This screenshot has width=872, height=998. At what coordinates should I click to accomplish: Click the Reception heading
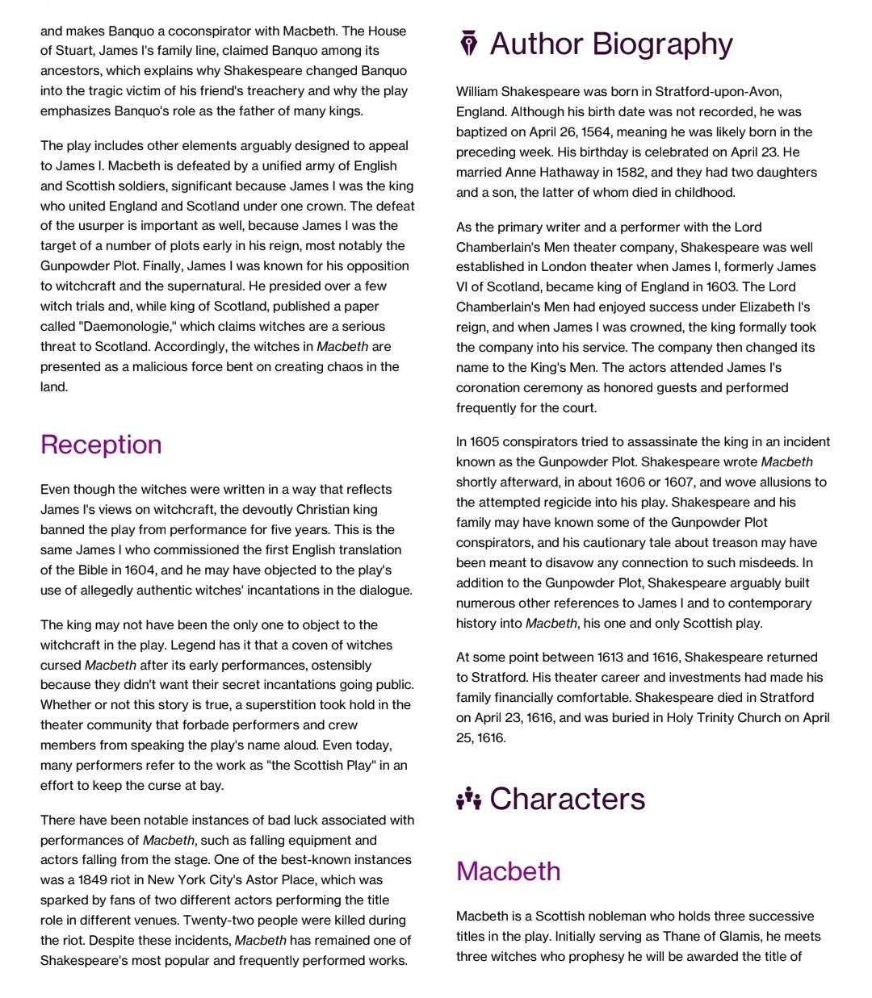click(101, 445)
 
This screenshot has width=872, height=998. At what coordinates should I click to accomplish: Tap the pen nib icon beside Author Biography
click(468, 44)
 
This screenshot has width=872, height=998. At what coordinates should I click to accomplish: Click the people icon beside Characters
click(468, 799)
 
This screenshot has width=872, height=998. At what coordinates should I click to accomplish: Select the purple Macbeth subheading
click(508, 871)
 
